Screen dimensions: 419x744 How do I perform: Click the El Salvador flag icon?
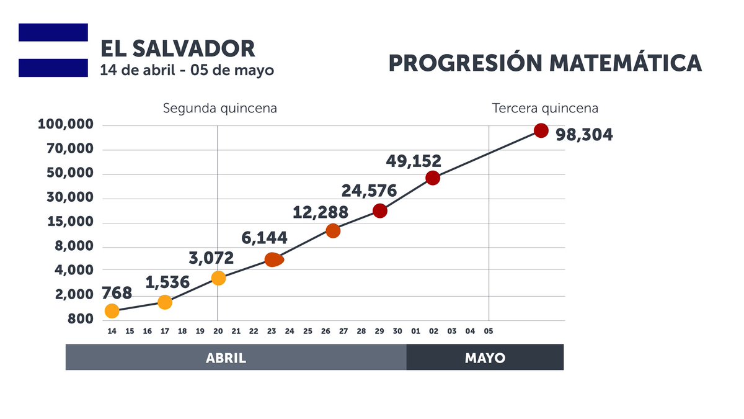(53, 50)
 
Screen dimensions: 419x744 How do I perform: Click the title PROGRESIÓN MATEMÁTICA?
(545, 63)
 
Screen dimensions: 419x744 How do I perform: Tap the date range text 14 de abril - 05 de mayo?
(187, 70)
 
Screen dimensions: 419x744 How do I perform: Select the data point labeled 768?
(112, 310)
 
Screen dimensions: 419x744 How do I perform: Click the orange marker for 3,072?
(218, 278)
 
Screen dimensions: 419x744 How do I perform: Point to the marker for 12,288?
(333, 231)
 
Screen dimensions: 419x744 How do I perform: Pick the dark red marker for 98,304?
(541, 130)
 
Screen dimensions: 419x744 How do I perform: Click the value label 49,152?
(414, 161)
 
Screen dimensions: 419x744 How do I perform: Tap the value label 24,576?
(369, 190)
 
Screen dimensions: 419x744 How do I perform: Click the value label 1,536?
(167, 283)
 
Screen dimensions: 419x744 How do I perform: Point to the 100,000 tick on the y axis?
(66, 125)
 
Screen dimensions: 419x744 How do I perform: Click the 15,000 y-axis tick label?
(69, 222)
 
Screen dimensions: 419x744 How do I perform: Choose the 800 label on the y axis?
(81, 319)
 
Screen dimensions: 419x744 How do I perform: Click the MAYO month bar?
(485, 358)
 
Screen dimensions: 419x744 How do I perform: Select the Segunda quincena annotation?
(219, 109)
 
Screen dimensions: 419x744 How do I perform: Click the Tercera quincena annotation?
(545, 109)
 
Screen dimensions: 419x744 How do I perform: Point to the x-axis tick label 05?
(489, 331)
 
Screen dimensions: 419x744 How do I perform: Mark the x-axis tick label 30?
(397, 331)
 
